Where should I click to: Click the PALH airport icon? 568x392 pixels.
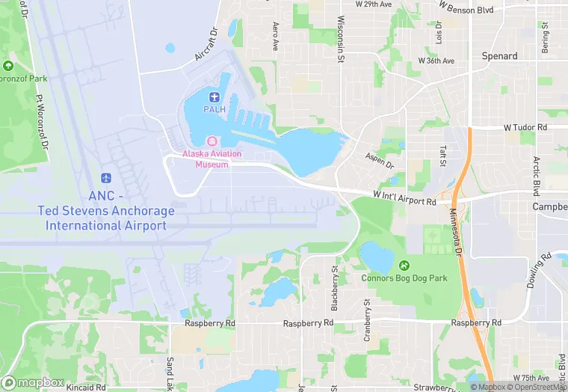click(x=214, y=97)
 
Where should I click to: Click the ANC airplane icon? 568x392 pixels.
click(x=105, y=178)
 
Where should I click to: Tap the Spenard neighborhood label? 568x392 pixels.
click(x=500, y=56)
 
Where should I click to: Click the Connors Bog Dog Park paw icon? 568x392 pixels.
click(x=404, y=265)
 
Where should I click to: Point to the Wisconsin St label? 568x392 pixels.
click(x=341, y=39)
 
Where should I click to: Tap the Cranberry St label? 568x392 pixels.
click(x=367, y=321)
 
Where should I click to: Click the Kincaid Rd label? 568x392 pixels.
click(x=84, y=388)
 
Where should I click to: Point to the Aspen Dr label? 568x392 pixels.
click(x=380, y=161)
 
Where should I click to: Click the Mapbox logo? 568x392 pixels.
click(x=34, y=382)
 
